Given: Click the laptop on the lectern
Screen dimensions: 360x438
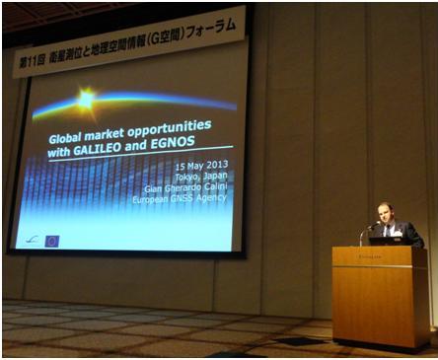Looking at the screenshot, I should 386,240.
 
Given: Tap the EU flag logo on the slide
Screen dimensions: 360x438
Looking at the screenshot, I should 51,240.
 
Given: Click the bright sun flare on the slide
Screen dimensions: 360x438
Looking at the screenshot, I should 86,98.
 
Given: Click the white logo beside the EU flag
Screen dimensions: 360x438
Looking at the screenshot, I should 32,240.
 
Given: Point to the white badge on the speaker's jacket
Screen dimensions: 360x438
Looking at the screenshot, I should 397,230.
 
